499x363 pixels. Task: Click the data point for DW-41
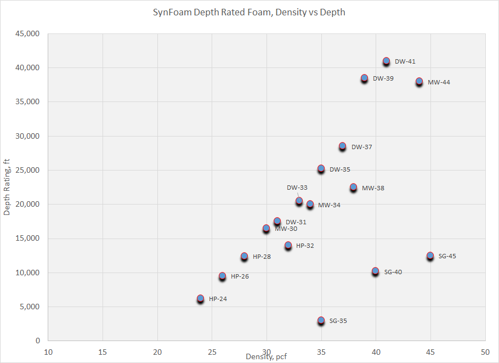[386, 61]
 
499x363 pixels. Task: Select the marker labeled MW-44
[419, 82]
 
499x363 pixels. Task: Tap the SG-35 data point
[321, 320]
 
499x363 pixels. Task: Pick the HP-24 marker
[201, 299]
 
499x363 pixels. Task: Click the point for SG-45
[430, 256]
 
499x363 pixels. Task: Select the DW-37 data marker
[342, 146]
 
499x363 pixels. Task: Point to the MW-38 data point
[353, 188]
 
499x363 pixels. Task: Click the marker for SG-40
[375, 271]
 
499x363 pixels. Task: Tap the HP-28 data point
[244, 256]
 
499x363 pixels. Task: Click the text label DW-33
[297, 188]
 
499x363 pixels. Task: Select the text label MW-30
[286, 229]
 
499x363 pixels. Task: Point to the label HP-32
[305, 246]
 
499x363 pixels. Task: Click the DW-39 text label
[383, 78]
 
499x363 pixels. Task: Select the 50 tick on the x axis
[485, 351]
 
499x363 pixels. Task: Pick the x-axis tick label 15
[103, 351]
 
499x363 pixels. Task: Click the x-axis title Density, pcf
[266, 357]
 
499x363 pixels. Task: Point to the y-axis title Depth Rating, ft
[7, 188]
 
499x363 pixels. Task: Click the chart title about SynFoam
[249, 12]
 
